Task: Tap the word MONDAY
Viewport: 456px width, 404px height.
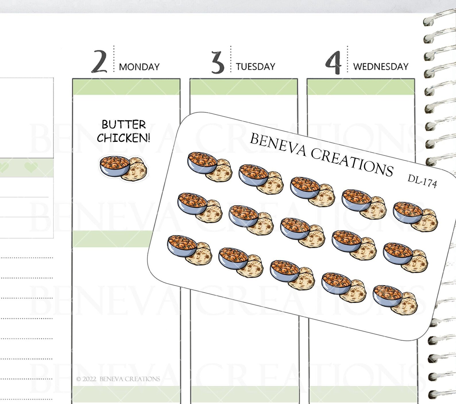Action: (139, 67)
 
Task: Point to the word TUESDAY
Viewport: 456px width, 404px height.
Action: (256, 67)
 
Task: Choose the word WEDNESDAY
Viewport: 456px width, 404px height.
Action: (381, 67)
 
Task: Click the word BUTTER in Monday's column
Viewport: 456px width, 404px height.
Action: (124, 125)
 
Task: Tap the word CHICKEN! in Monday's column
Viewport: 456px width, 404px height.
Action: (123, 138)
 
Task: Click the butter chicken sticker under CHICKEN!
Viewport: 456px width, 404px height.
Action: (123, 168)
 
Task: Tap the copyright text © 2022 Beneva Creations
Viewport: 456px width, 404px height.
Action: (118, 379)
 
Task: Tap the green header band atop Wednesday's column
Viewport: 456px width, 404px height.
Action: (361, 87)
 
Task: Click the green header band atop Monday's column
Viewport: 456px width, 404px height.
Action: (126, 87)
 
